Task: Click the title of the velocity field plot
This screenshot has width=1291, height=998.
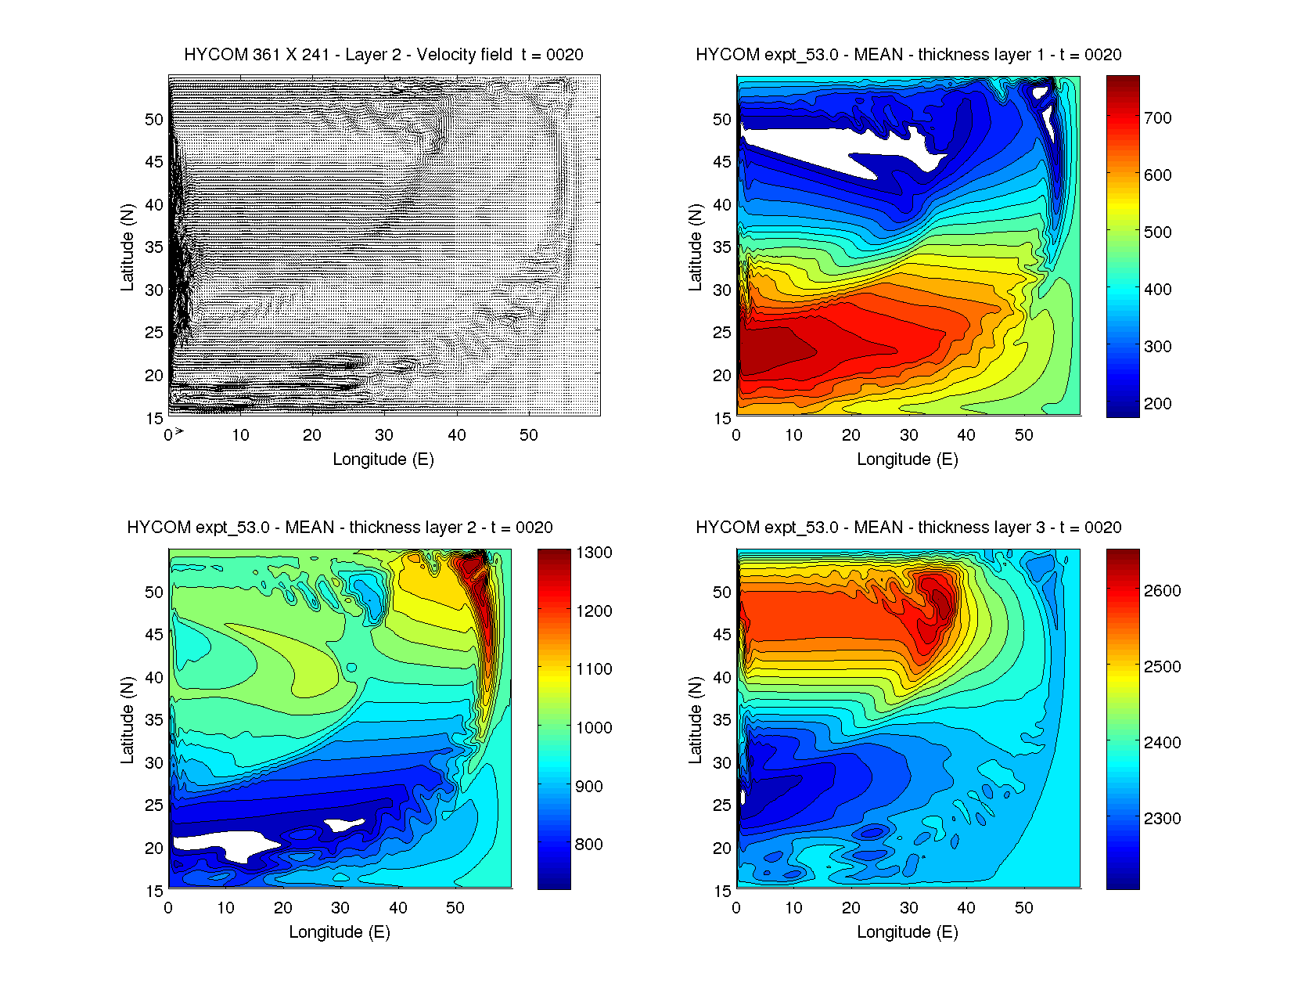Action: pos(383,55)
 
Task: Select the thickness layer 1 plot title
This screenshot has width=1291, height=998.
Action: pos(908,55)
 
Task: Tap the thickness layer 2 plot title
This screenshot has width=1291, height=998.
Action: pos(340,528)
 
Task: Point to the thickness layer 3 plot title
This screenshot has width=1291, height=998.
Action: pos(908,528)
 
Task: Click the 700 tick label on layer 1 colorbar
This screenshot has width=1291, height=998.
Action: pos(1157,118)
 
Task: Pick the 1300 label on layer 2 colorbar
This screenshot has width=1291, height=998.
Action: pos(594,553)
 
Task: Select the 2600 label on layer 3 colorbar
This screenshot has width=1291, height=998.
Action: pos(1162,591)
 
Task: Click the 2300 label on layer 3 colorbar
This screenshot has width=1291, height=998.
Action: pos(1162,819)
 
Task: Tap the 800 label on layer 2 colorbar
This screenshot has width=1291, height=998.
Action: pos(588,845)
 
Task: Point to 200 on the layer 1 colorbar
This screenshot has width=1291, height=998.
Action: pos(1157,404)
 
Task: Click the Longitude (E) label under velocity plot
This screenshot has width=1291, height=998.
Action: pos(383,459)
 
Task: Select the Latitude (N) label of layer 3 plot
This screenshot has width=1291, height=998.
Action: pos(695,720)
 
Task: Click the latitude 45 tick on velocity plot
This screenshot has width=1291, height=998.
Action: pos(154,162)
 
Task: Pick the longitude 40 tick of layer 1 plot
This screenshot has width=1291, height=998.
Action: pos(966,435)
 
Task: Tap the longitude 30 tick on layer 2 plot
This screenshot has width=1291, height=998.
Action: pos(340,908)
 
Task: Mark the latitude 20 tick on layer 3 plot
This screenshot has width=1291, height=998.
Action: pos(722,848)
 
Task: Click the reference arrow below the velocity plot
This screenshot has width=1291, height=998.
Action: pos(179,431)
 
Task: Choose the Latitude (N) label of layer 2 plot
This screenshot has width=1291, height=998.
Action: pos(127,720)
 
